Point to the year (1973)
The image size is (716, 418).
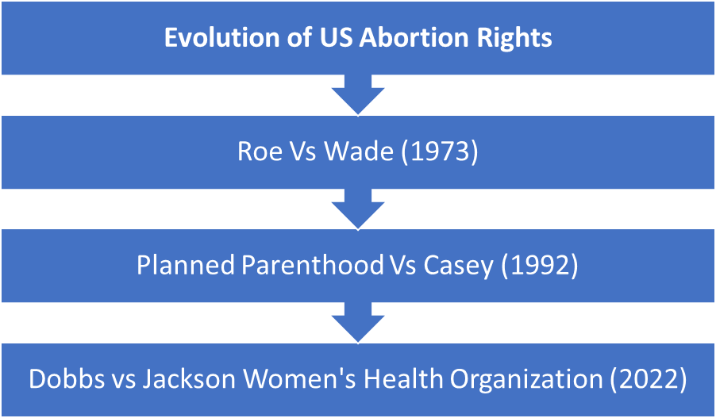click(x=439, y=152)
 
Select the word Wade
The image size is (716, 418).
click(x=359, y=152)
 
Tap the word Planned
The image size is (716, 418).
click(x=186, y=266)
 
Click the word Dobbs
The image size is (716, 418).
click(x=61, y=380)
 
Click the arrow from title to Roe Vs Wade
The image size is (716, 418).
click(x=358, y=95)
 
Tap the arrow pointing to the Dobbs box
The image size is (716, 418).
click(x=358, y=323)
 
